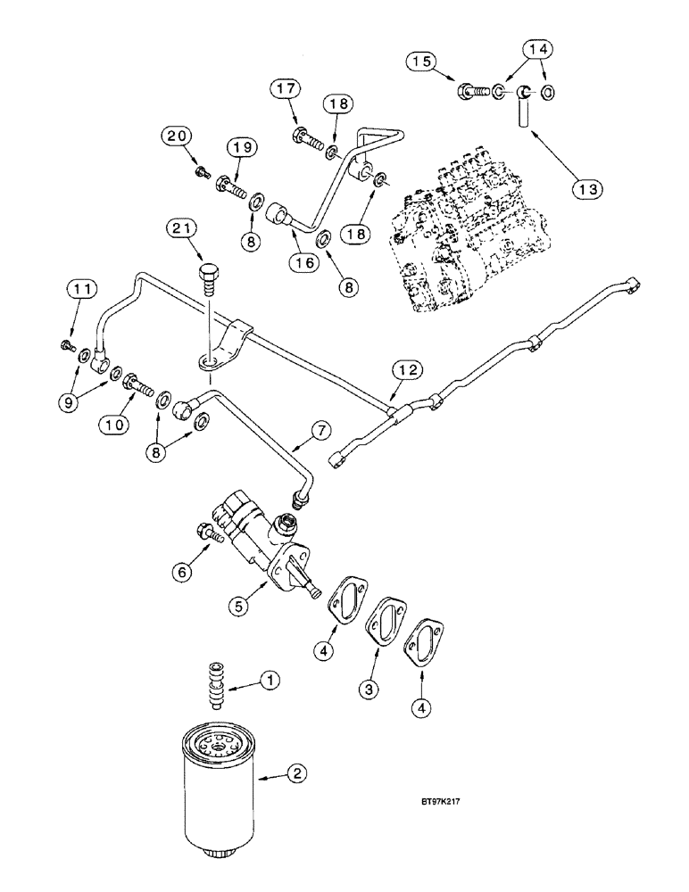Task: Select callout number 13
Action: click(x=589, y=189)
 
